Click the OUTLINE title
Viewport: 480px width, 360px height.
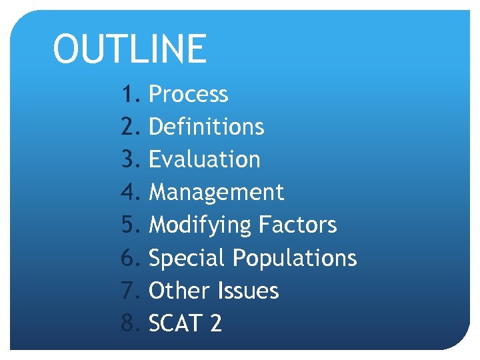point(129,49)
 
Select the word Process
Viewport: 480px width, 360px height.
point(188,95)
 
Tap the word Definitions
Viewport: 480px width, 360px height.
point(206,127)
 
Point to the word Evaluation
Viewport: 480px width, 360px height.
point(204,159)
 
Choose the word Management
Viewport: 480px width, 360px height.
point(216,193)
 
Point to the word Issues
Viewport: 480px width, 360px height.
point(247,291)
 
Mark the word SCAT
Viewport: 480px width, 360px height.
point(175,324)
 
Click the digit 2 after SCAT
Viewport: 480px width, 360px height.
point(215,324)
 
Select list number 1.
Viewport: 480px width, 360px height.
point(130,95)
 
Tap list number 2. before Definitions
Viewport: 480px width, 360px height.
point(130,127)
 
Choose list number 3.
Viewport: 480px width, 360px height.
point(130,159)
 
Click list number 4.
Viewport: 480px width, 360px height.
point(130,193)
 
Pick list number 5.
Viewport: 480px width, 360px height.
point(130,225)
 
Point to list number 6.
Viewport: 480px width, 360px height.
point(130,258)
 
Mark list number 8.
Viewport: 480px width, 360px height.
point(130,324)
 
